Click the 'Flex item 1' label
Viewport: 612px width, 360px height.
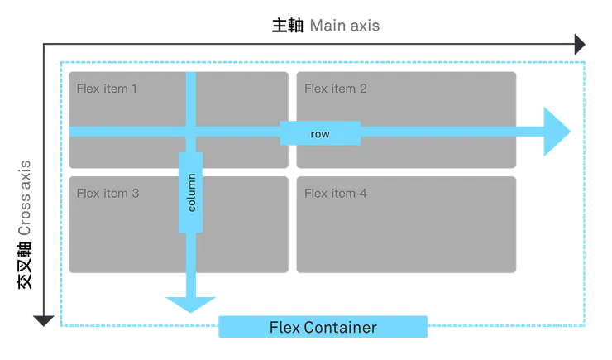coord(107,89)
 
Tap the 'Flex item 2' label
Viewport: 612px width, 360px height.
coord(336,89)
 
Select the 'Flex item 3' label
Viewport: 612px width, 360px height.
coord(107,194)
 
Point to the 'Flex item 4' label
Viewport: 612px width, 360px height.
coord(336,194)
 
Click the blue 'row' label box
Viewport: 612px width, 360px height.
coord(320,133)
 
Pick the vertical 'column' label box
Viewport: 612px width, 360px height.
coord(191,192)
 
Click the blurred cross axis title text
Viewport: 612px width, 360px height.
coord(24,199)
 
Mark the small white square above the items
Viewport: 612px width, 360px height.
coord(294,70)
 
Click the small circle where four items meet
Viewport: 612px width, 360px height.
coord(292,173)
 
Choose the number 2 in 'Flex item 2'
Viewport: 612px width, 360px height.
coord(363,89)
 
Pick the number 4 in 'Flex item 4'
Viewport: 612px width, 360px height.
coord(363,194)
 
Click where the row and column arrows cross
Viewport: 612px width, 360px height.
coord(191,132)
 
